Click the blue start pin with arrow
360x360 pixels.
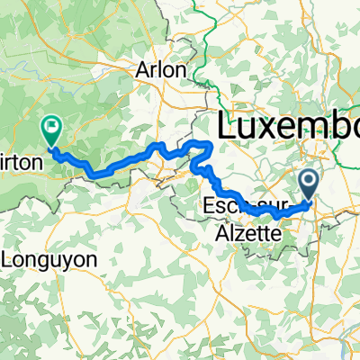tap(310, 186)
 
